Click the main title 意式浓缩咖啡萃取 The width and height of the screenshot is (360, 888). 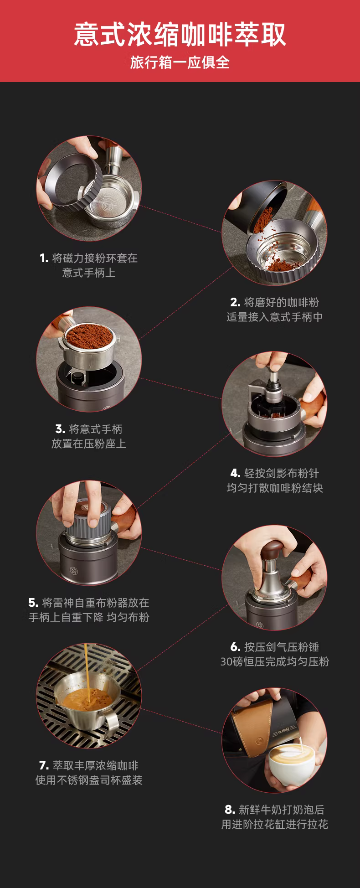(x=180, y=35)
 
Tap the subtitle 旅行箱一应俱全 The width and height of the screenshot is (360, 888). (x=180, y=62)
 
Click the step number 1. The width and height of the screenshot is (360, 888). (x=44, y=258)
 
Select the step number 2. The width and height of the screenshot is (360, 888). (x=235, y=302)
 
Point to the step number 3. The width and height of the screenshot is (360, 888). (x=60, y=429)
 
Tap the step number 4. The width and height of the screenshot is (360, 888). (x=235, y=473)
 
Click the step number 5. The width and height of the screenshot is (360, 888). (x=33, y=603)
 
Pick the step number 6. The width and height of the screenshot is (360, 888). (x=235, y=647)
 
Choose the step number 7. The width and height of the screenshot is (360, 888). (x=44, y=765)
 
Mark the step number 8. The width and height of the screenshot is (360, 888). (x=230, y=810)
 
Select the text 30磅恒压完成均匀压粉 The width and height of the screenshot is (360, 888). (x=275, y=661)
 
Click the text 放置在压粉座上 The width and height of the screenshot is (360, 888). (x=89, y=444)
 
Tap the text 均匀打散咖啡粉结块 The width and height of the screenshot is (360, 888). (x=275, y=488)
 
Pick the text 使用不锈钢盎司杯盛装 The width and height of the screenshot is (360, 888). (x=89, y=780)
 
